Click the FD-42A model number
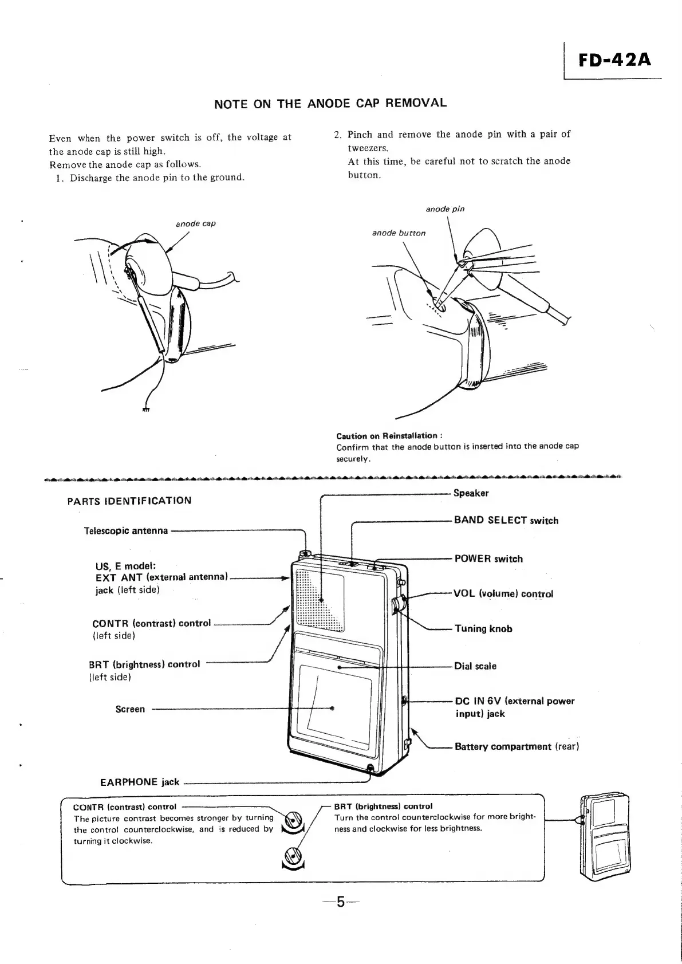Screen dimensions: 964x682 pyautogui.click(x=614, y=60)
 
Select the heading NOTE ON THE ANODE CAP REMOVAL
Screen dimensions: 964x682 pyautogui.click(x=330, y=104)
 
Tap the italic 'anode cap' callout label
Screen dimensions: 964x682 pyautogui.click(x=195, y=223)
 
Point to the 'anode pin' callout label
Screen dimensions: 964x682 pyautogui.click(x=445, y=209)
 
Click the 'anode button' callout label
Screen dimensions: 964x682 pyautogui.click(x=399, y=233)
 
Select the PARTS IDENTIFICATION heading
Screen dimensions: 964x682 pyautogui.click(x=129, y=501)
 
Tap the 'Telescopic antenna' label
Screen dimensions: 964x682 pyautogui.click(x=126, y=530)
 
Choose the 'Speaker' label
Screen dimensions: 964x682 pyautogui.click(x=471, y=493)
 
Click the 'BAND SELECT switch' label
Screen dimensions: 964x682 pyautogui.click(x=506, y=521)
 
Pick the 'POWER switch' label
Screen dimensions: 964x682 pyautogui.click(x=488, y=559)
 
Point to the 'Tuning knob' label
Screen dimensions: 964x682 pyautogui.click(x=483, y=629)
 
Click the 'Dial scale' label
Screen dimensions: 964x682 pyautogui.click(x=475, y=666)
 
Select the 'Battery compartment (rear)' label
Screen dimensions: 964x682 pyautogui.click(x=517, y=746)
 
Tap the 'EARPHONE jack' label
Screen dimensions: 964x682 pyautogui.click(x=140, y=782)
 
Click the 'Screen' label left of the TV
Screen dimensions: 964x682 pyautogui.click(x=130, y=709)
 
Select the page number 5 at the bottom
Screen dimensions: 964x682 pyautogui.click(x=340, y=903)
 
